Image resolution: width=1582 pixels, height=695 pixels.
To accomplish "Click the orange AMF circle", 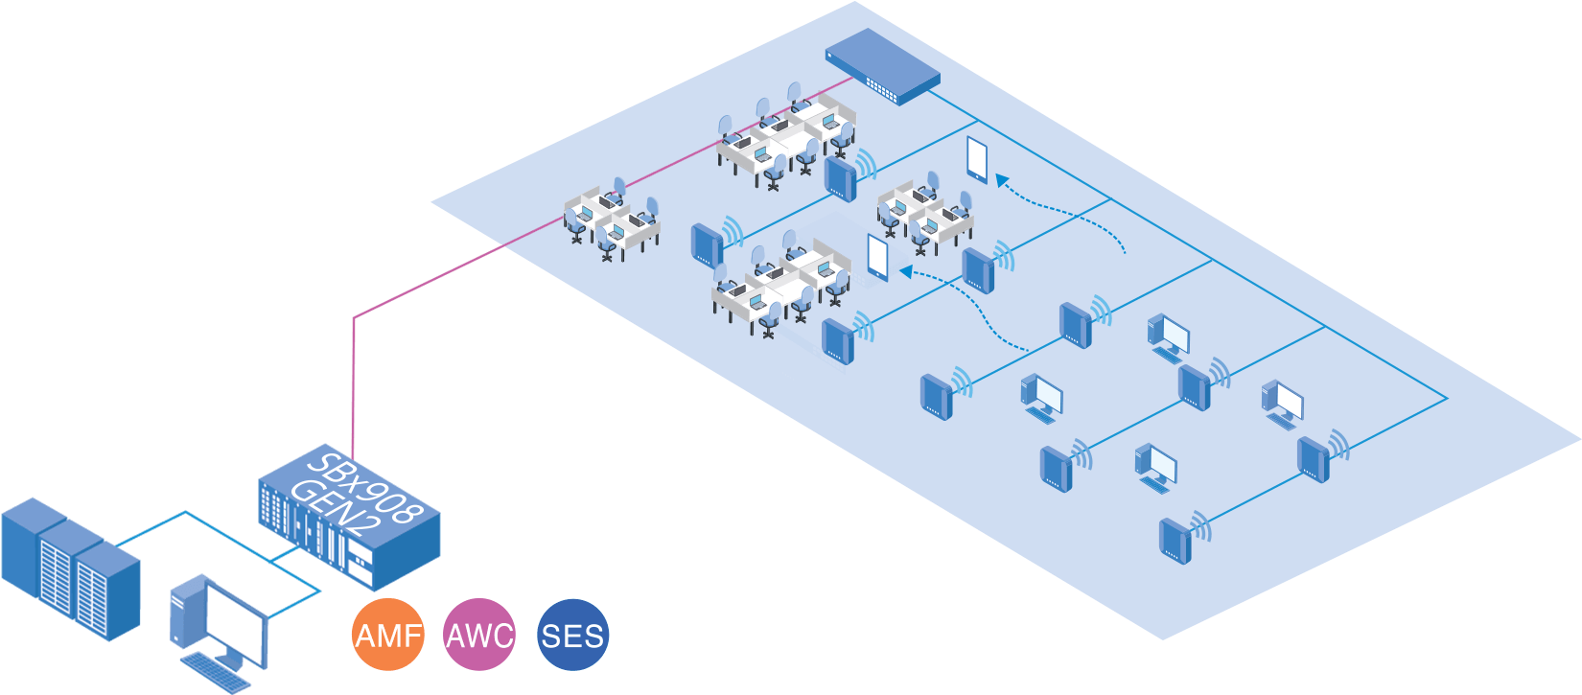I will (387, 635).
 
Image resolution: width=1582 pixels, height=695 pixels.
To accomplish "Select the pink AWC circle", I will (479, 635).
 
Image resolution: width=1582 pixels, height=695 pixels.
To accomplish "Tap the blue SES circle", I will (572, 635).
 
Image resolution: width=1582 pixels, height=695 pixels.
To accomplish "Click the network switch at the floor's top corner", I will (882, 63).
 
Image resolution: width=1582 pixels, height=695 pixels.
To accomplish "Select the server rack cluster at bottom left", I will (69, 566).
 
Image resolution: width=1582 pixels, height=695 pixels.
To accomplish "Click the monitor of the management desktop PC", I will (236, 623).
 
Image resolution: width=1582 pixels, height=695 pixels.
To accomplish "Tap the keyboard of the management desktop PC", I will (216, 672).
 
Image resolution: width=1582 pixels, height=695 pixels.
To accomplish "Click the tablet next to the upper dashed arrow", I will (977, 159).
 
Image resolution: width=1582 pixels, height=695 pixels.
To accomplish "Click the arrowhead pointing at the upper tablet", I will (1002, 179).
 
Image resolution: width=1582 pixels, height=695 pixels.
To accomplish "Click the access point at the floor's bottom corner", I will (1175, 540).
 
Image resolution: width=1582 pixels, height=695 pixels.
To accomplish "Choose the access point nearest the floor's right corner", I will (1314, 458).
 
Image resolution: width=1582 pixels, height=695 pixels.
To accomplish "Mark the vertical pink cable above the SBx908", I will (353, 383).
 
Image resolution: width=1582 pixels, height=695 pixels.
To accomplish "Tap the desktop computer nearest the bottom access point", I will (1155, 467).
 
